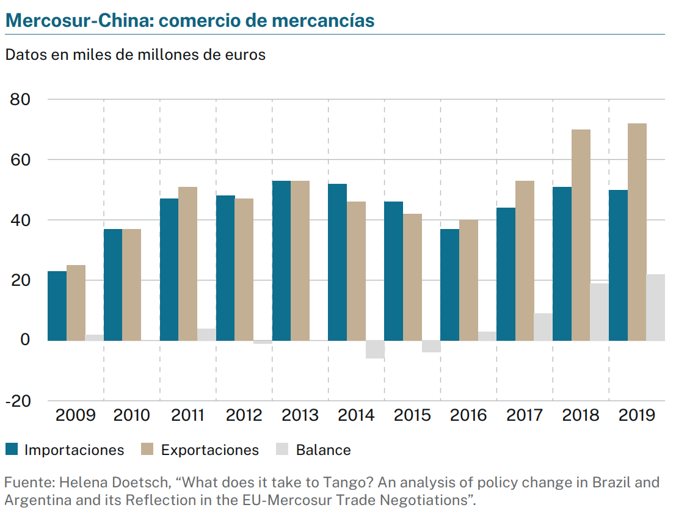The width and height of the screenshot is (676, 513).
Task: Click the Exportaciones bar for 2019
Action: point(637,232)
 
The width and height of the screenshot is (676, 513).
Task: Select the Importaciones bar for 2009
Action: point(57,305)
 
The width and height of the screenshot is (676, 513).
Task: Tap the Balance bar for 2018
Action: point(599,311)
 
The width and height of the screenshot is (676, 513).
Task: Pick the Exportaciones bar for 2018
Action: point(581,235)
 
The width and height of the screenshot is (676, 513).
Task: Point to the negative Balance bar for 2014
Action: point(375,349)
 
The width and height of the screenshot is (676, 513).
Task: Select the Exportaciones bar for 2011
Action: point(188,263)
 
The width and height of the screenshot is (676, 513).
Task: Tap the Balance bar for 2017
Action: point(543,327)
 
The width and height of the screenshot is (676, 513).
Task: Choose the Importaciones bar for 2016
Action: point(449,285)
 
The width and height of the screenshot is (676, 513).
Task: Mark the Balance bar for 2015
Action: point(431,346)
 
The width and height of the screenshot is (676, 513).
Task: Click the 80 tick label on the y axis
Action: point(21,100)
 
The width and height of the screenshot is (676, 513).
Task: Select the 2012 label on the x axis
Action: point(244,415)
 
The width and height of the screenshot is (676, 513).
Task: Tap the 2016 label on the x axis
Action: point(468,415)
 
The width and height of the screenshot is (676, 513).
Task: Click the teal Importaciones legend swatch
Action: point(12,450)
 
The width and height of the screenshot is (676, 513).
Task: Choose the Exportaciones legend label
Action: point(209,450)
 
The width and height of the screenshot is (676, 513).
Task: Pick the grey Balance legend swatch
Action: point(282,450)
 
